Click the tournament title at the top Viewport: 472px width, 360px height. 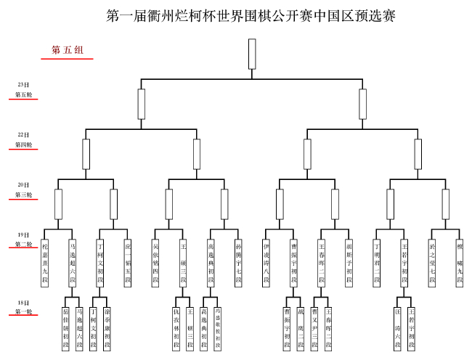[x=251, y=15]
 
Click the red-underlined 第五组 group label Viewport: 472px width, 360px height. [x=67, y=50]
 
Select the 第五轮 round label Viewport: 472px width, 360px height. [x=23, y=94]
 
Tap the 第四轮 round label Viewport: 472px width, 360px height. [x=23, y=144]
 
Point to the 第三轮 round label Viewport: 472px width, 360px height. [x=23, y=195]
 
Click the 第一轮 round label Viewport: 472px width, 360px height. [x=23, y=312]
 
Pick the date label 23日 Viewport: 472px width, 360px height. [x=23, y=85]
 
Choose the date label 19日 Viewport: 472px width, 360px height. [x=23, y=235]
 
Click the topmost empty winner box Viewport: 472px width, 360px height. [x=252, y=53]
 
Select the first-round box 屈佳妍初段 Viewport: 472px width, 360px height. [x=65, y=329]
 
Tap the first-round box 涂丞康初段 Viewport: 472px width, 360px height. [x=107, y=329]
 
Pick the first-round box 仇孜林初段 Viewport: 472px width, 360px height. [x=176, y=329]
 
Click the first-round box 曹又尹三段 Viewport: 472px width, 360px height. [x=314, y=329]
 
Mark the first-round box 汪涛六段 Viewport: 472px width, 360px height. [x=398, y=329]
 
